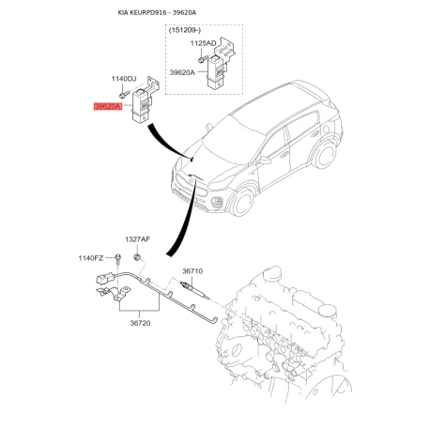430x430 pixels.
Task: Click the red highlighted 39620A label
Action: pos(108,106)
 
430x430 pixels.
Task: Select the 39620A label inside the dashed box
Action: pos(182,72)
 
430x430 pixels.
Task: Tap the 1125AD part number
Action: pos(203,43)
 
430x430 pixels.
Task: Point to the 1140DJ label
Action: pos(124,79)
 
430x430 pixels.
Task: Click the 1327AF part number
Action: pos(137,239)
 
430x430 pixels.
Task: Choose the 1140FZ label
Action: pos(91,258)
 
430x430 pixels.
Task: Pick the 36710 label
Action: pos(192,271)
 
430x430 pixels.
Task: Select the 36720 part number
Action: pos(140,323)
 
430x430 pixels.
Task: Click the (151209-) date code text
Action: pos(185,30)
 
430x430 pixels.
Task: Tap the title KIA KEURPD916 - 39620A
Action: pos(157,13)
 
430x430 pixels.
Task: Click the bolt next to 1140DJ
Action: pos(124,94)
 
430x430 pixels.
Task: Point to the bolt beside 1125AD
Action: pos(203,58)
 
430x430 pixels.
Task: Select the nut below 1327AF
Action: pos(137,257)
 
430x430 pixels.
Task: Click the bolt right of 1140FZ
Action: pos(117,258)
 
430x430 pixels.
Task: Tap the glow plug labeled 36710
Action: pos(194,289)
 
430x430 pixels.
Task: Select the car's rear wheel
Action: pos(325,155)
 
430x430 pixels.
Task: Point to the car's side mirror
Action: pos(264,161)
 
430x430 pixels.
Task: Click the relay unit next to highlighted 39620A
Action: pos(142,105)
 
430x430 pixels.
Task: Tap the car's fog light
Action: pos(217,202)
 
